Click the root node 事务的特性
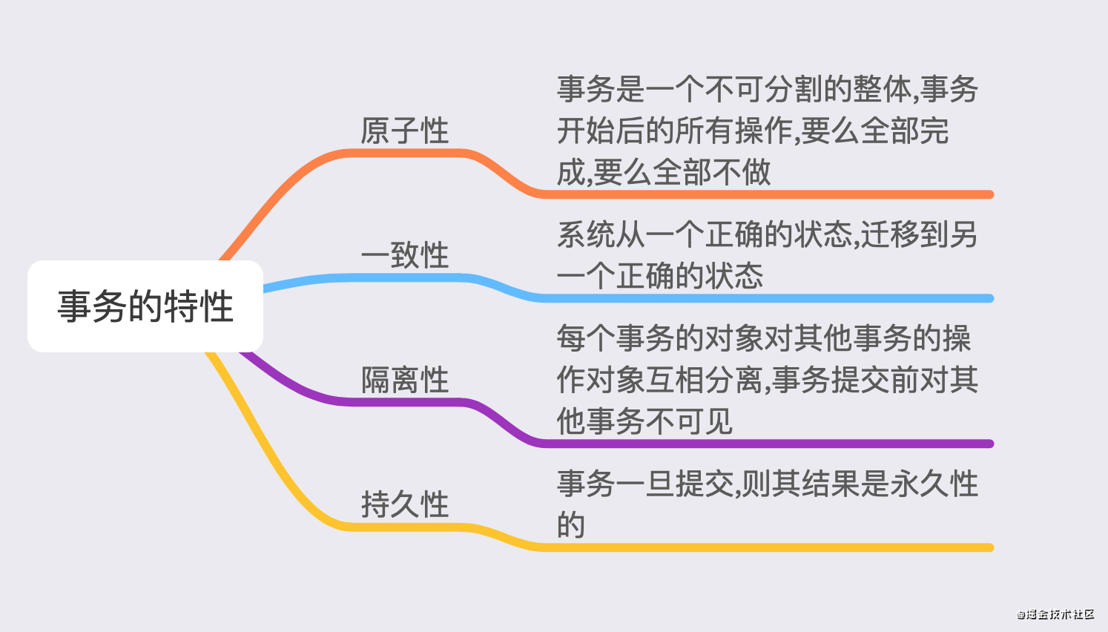point(145,306)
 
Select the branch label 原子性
point(405,131)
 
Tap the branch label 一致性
point(405,255)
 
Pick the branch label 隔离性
point(405,380)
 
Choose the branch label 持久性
point(405,504)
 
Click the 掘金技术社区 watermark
point(1055,614)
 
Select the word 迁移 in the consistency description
point(890,234)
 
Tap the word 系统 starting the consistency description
point(586,234)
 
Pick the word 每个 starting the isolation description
point(586,338)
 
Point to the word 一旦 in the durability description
point(645,484)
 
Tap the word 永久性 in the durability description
point(934,484)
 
